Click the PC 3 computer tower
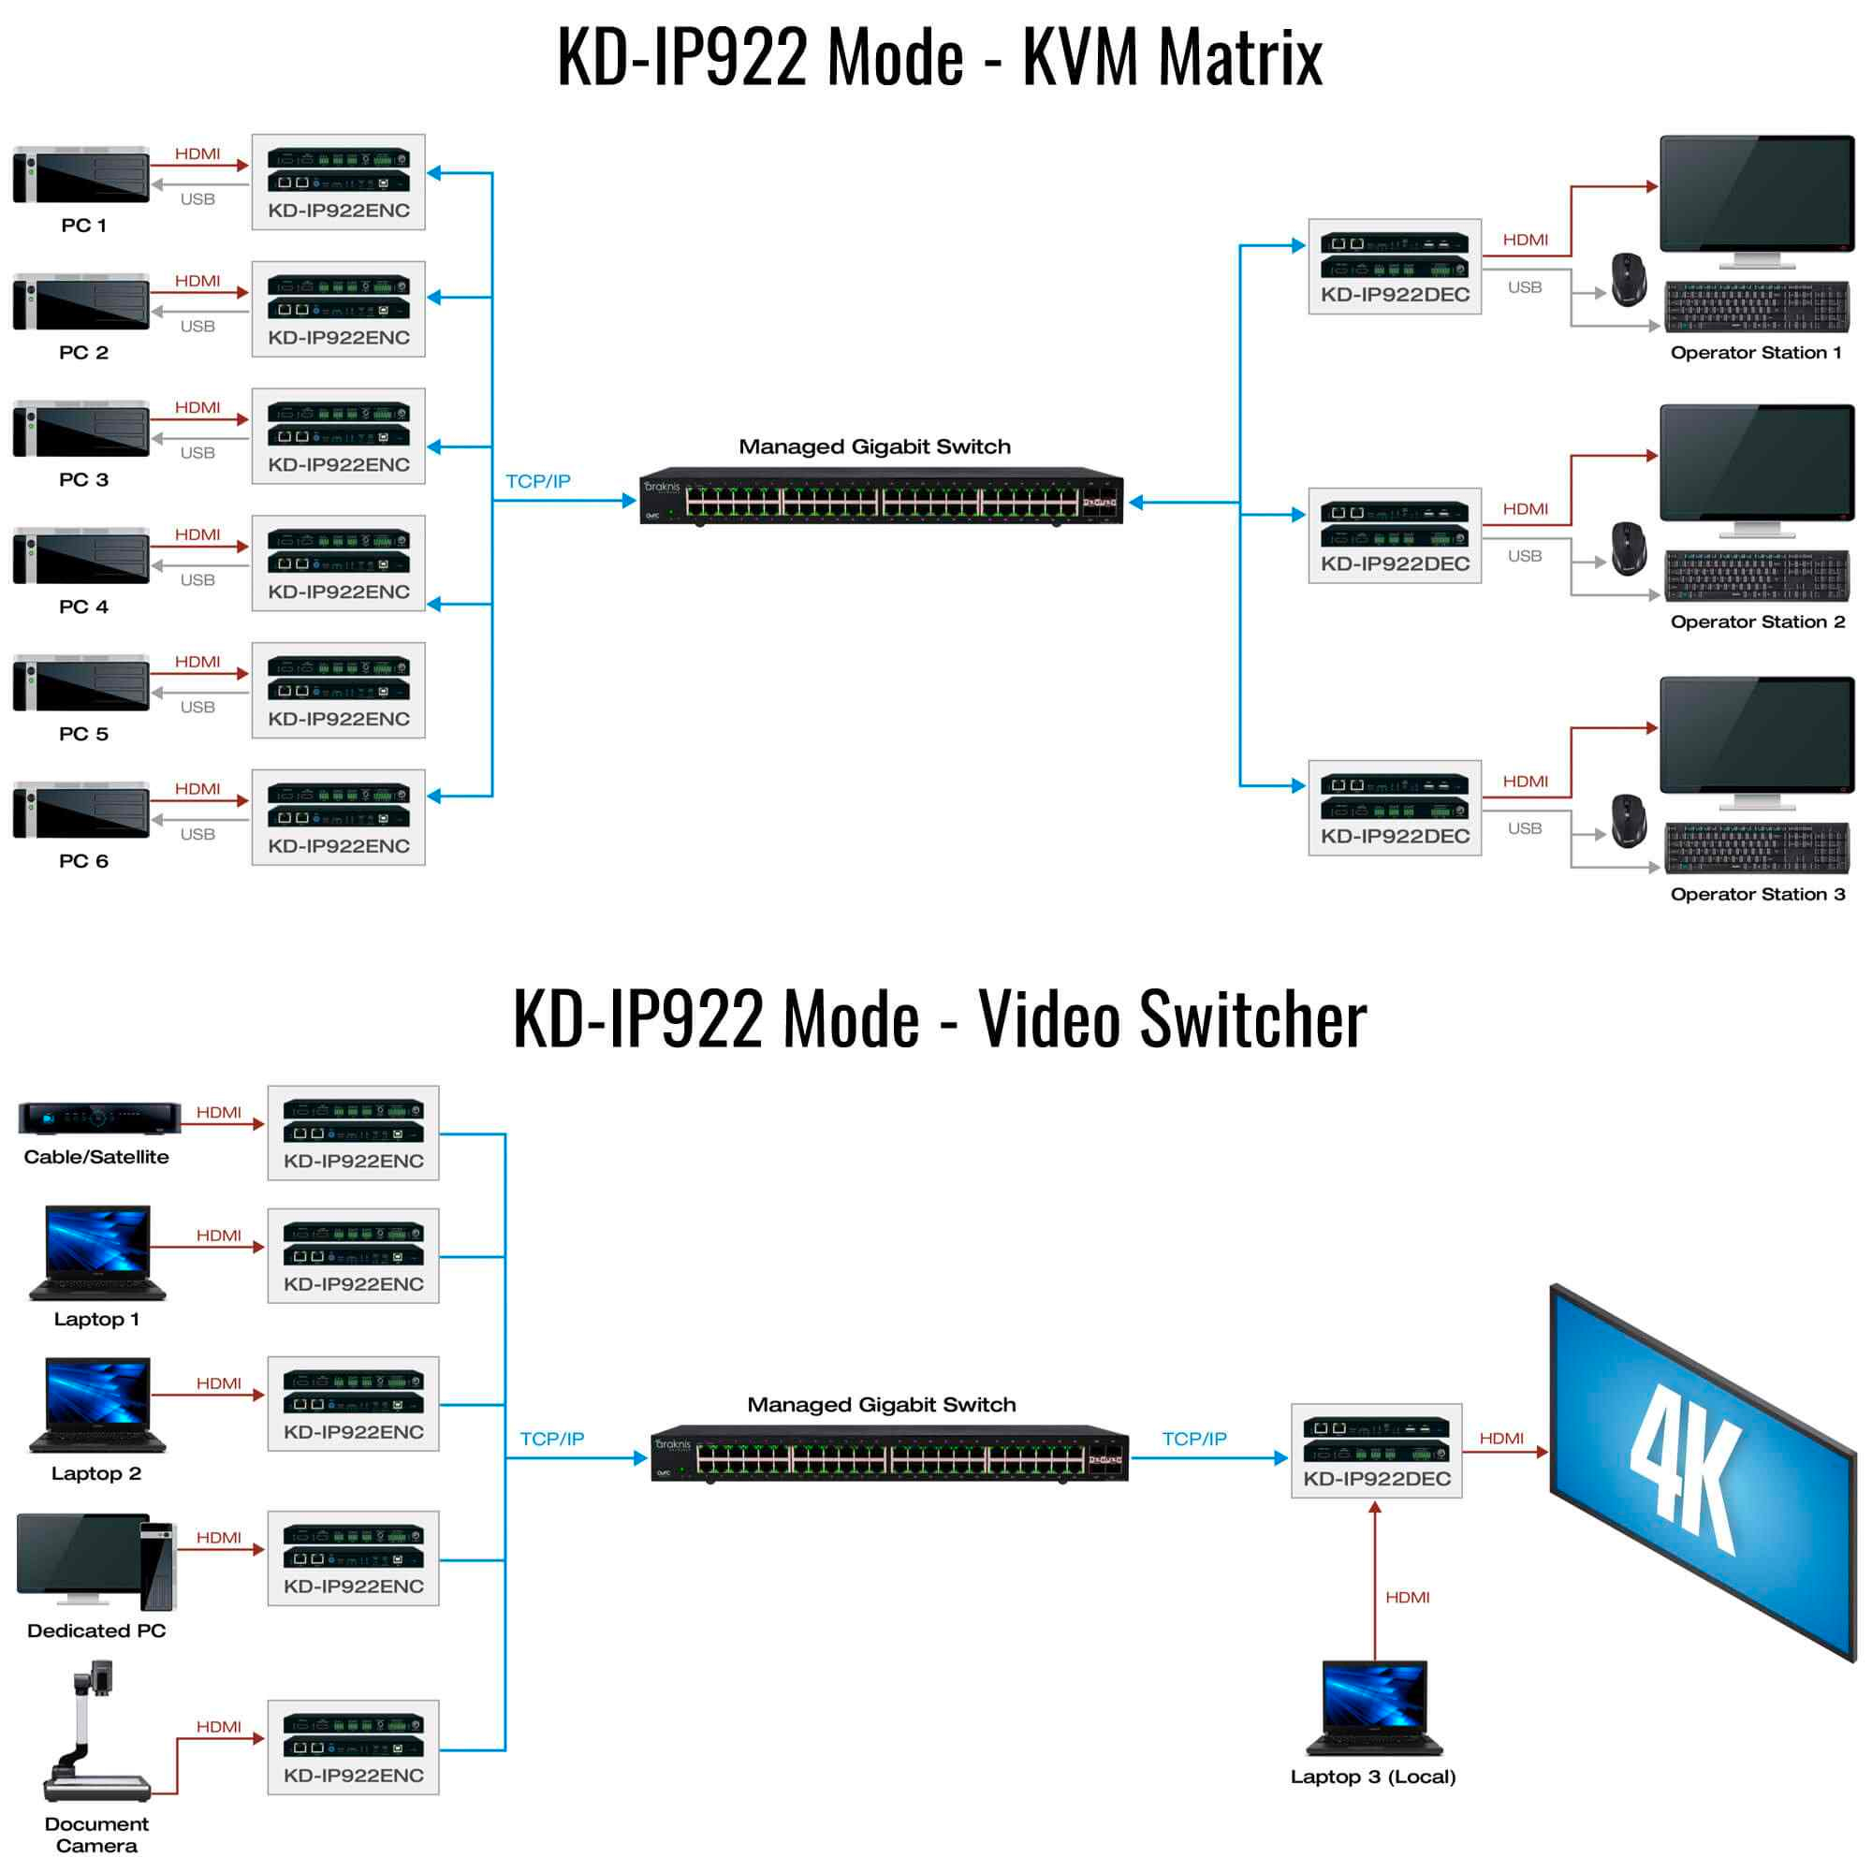tap(81, 429)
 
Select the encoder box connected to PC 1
tap(338, 183)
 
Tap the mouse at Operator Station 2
tap(1629, 548)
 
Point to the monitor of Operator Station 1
tap(1757, 201)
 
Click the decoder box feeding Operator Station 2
tap(1395, 535)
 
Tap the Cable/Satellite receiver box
tap(99, 1119)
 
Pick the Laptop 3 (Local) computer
tap(1374, 1707)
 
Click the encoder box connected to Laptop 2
tap(354, 1404)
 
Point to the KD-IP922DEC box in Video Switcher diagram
tap(1377, 1451)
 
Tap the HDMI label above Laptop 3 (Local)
tap(1407, 1597)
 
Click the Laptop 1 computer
tap(98, 1251)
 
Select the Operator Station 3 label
tap(1758, 894)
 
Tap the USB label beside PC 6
tap(197, 834)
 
